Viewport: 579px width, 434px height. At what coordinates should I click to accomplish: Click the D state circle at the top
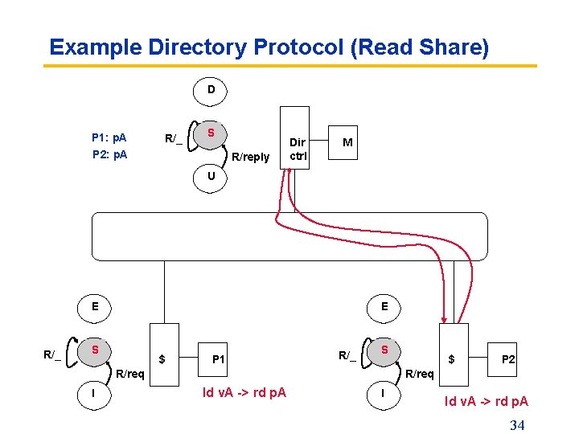(x=211, y=90)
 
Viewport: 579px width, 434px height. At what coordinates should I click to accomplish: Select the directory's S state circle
(x=211, y=133)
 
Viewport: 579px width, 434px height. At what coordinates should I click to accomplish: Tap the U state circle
(x=211, y=176)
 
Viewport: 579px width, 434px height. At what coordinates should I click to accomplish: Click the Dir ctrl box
(x=294, y=137)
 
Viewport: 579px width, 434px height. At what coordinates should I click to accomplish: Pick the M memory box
(x=346, y=142)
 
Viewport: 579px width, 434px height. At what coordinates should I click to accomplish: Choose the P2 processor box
(x=508, y=359)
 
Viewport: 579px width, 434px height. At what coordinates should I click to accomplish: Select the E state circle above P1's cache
(x=95, y=306)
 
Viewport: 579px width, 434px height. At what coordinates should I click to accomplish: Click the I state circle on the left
(x=95, y=393)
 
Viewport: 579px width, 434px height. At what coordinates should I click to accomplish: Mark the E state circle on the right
(x=384, y=306)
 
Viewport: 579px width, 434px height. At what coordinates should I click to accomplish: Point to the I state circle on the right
(x=384, y=393)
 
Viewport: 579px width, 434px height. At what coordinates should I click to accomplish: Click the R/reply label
(x=250, y=157)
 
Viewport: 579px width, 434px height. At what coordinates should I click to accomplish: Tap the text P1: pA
(x=109, y=137)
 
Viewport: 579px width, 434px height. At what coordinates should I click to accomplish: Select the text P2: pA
(x=109, y=154)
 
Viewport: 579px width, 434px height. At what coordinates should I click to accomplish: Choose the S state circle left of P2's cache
(x=384, y=350)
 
